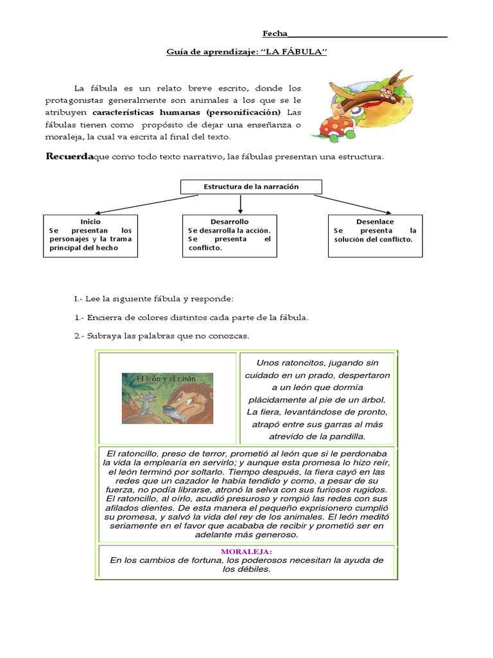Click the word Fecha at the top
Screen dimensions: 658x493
click(275, 33)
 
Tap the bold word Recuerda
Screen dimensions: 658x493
click(69, 157)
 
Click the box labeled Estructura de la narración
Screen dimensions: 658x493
click(251, 187)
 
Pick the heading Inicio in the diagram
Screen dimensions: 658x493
click(90, 221)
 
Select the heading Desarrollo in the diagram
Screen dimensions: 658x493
click(229, 221)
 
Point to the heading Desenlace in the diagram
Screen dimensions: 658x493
click(375, 221)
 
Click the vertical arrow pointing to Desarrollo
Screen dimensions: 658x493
click(240, 204)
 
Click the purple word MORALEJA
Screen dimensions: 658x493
click(246, 551)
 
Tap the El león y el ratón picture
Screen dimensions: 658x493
click(168, 398)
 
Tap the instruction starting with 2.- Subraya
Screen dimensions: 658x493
click(161, 335)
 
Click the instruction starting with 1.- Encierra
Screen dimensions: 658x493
click(191, 317)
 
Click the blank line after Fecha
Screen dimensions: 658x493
click(368, 35)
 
